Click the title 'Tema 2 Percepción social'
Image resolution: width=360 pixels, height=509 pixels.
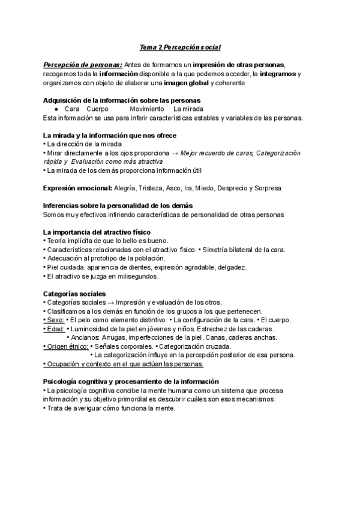181,47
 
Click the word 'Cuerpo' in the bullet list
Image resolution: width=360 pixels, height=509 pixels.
97,109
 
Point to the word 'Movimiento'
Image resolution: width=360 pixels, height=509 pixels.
146,109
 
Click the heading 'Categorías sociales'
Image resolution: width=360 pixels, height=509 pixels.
74,294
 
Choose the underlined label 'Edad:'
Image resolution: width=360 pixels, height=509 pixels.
55,329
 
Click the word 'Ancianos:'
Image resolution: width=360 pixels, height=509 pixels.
89,337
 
